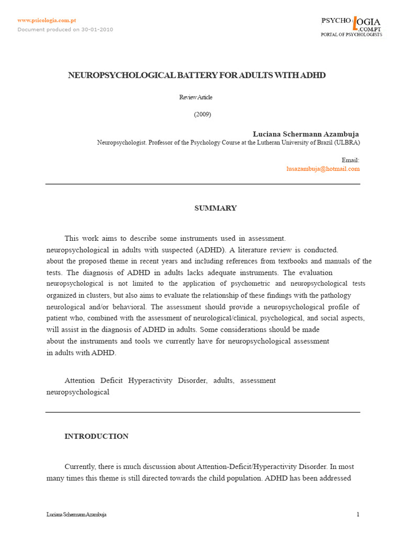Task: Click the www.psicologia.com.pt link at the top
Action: click(x=47, y=20)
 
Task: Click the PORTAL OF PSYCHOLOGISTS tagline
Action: click(x=351, y=35)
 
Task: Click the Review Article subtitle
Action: click(x=196, y=97)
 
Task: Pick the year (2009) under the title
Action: click(x=203, y=115)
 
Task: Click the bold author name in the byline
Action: click(x=306, y=134)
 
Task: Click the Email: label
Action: click(x=350, y=160)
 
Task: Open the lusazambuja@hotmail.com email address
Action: click(x=323, y=169)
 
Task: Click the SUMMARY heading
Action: click(x=216, y=208)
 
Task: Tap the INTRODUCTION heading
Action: click(x=96, y=437)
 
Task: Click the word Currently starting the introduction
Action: click(x=81, y=466)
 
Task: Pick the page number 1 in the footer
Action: click(x=358, y=515)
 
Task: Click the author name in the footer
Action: click(x=76, y=515)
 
